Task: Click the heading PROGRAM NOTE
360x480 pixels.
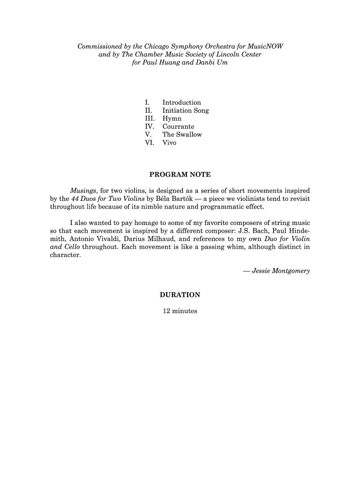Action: click(x=180, y=175)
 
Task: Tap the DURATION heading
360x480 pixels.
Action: click(x=180, y=295)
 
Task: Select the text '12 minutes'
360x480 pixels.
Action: click(x=180, y=311)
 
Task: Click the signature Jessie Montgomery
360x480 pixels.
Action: click(x=281, y=271)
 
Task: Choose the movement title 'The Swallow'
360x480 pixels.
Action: click(x=182, y=135)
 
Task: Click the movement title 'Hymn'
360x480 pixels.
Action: click(x=172, y=119)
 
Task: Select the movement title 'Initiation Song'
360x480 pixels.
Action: click(x=185, y=111)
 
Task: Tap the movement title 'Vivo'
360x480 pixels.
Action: click(x=169, y=143)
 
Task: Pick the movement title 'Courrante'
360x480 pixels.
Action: click(x=178, y=127)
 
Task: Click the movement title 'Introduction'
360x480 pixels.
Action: click(x=181, y=103)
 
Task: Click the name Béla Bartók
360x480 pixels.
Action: click(x=172, y=199)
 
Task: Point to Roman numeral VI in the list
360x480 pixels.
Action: click(x=149, y=143)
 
